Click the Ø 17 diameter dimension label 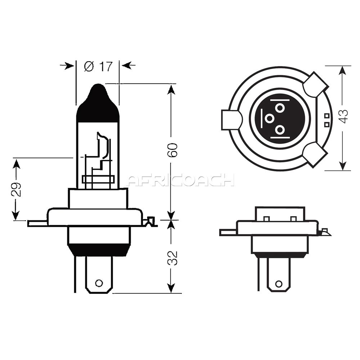pyautogui.click(x=98, y=67)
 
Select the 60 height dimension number pyautogui.click(x=172, y=150)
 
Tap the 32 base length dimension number pyautogui.click(x=172, y=258)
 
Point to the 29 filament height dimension pyautogui.click(x=16, y=189)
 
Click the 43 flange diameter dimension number pyautogui.click(x=343, y=116)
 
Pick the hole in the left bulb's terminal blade pyautogui.click(x=99, y=283)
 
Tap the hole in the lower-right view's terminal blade pyautogui.click(x=279, y=284)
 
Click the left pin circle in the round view pyautogui.click(x=269, y=119)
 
